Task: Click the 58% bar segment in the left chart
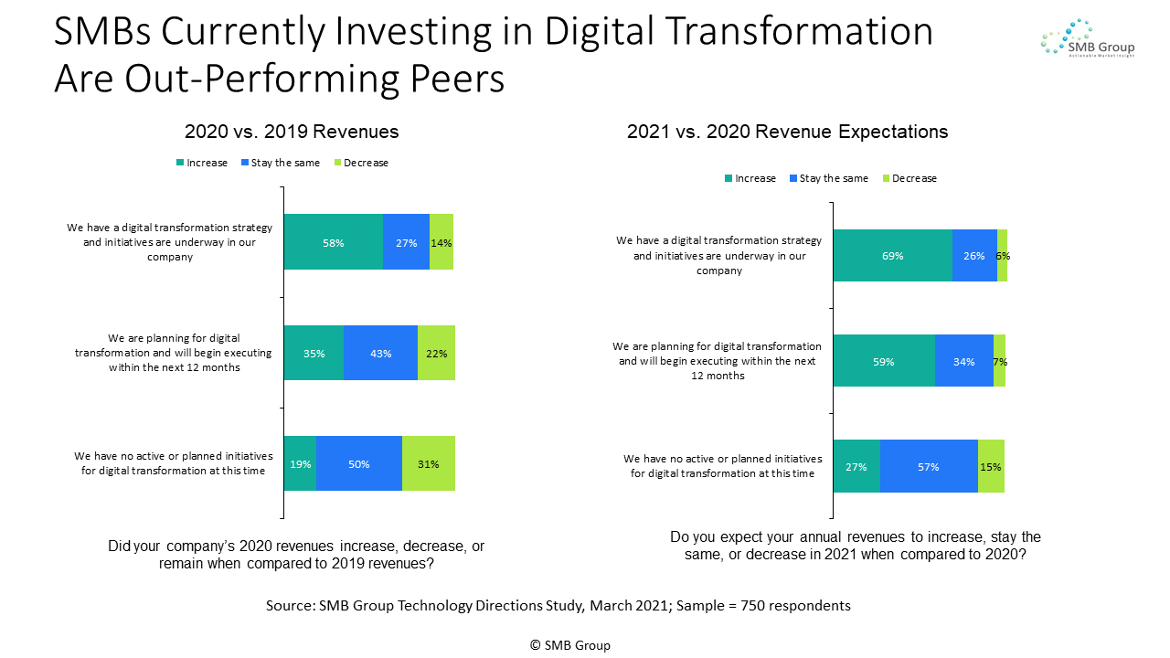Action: tap(333, 242)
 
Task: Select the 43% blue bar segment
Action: tap(380, 353)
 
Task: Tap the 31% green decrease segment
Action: tap(428, 463)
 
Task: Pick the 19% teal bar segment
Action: tap(300, 463)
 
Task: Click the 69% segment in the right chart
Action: tap(892, 256)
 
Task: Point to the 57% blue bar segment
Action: tap(929, 466)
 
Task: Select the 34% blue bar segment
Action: tap(963, 361)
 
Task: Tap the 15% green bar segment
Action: tap(991, 466)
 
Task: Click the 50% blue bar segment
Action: tap(358, 463)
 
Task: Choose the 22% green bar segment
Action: tap(436, 353)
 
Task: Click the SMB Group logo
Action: tap(1087, 38)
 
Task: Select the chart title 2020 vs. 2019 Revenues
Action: tap(292, 132)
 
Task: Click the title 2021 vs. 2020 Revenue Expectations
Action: tap(787, 132)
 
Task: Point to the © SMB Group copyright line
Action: tap(569, 645)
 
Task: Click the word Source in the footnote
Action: tap(288, 606)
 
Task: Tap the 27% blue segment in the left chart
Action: tap(406, 242)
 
